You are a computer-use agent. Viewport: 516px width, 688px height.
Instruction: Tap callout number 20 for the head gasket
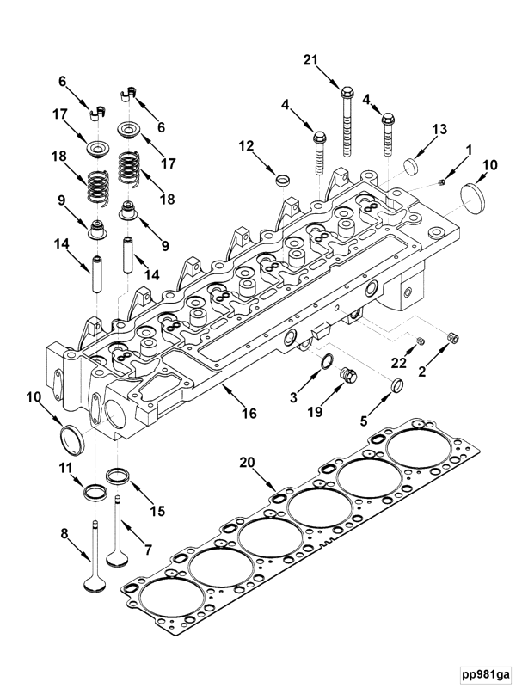[247, 464]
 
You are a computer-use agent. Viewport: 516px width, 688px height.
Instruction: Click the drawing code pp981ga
[483, 672]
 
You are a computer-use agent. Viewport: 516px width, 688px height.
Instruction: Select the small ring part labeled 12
[280, 181]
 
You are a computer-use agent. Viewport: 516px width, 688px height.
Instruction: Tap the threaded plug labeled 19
[348, 376]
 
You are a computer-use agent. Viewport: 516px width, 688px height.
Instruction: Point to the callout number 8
[64, 534]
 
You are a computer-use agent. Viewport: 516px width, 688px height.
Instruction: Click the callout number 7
[148, 549]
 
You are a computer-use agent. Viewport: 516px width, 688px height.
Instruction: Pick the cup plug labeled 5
[397, 384]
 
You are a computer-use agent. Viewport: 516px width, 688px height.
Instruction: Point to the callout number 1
[469, 150]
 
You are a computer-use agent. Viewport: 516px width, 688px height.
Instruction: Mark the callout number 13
[439, 129]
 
